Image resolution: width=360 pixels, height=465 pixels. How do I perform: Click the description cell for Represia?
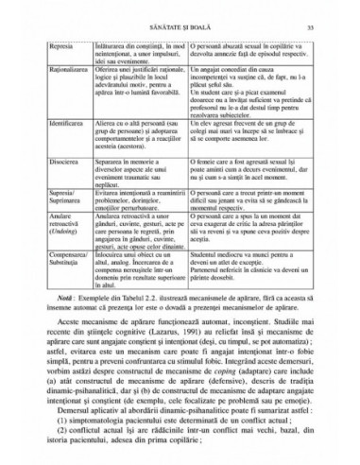point(139,55)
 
